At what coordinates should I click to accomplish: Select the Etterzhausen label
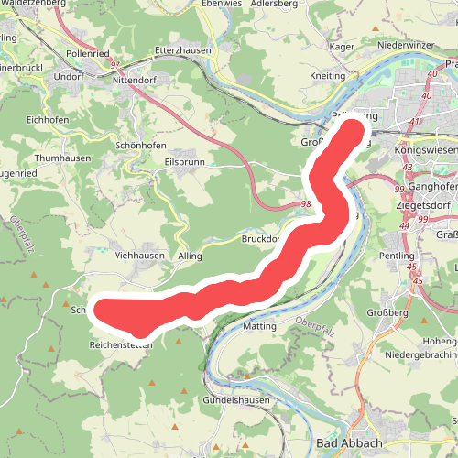[183, 51]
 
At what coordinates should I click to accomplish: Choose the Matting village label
[260, 325]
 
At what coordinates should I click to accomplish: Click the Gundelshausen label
[234, 401]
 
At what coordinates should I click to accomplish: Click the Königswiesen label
[424, 147]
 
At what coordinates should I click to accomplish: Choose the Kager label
[341, 45]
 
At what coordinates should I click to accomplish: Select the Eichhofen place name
[49, 119]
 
